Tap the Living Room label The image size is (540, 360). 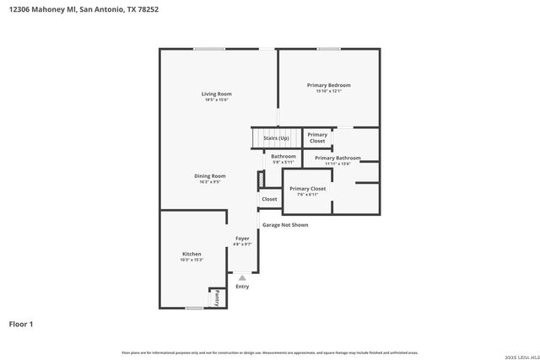pos(216,94)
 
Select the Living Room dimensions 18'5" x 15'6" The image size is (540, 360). pos(216,100)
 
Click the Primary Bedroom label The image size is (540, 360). pos(328,85)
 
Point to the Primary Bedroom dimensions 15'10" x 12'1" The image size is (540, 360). pos(328,92)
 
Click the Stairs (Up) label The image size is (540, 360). pos(276,137)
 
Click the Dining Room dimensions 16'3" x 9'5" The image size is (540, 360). pos(210,181)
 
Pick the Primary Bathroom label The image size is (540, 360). pos(337,158)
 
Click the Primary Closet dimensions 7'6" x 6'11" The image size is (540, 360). pos(307,195)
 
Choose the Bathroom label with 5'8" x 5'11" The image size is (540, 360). pos(283,156)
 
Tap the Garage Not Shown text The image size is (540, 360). pos(285,225)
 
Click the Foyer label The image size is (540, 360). pos(242,239)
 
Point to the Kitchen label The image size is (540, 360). pos(192,254)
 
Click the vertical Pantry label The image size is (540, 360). pos(217,298)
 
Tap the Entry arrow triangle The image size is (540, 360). pos(242,277)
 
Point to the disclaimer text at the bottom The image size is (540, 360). pos(270,352)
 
